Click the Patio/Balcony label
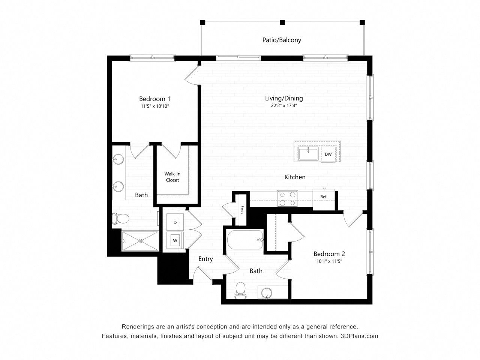(282, 40)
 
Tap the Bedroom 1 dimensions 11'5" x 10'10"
(154, 106)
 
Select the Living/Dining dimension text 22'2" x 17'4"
(284, 106)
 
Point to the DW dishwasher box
(328, 154)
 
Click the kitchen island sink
(308, 154)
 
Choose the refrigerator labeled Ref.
(324, 199)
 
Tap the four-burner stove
(287, 198)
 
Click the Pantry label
(242, 210)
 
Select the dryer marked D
(175, 222)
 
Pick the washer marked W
(175, 240)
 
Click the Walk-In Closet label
(172, 177)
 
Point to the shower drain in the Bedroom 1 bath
(140, 241)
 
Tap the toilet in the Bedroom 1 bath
(121, 219)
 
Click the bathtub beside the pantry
(245, 240)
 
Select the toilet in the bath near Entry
(240, 290)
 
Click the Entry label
(205, 259)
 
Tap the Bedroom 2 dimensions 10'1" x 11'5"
(329, 261)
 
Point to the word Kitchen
(295, 177)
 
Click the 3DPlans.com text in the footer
(359, 336)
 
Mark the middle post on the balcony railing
(282, 22)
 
